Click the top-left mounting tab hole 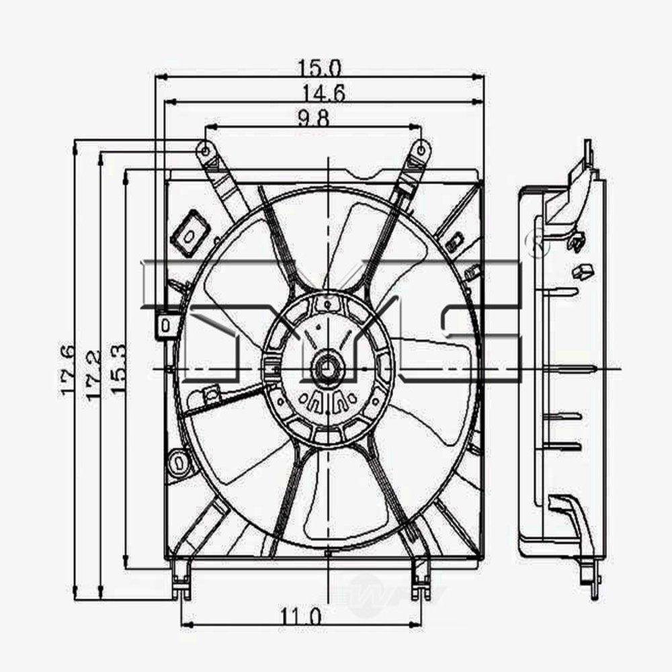pos(204,149)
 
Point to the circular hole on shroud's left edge pos(179,462)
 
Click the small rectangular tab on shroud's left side pos(165,325)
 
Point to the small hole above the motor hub pos(327,304)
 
